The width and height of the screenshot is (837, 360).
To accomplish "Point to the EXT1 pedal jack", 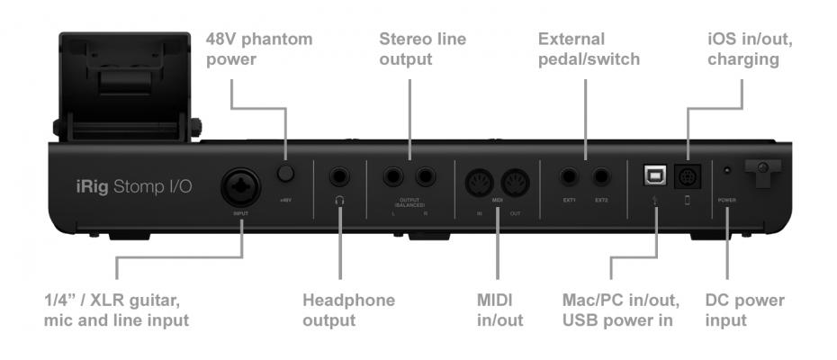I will pos(570,177).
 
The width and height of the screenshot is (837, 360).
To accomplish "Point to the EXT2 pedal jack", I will pos(600,177).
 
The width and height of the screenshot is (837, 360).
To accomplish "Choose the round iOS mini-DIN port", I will pos(688,177).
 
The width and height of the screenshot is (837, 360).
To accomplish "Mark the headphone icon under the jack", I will pos(340,201).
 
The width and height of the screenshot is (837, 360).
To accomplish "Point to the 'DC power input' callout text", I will pos(745,310).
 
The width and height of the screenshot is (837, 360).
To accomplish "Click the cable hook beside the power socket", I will pos(760,173).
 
